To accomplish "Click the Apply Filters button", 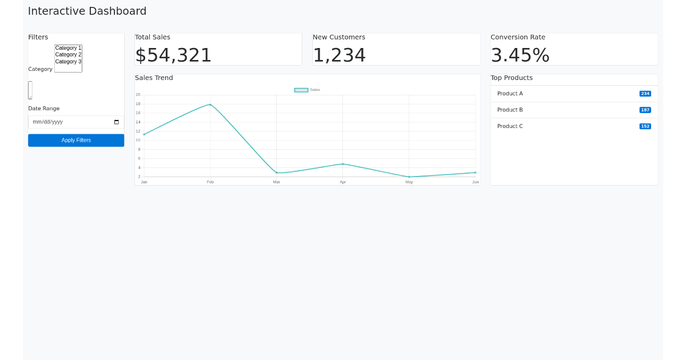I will (x=76, y=141).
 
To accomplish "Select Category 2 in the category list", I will (x=68, y=55).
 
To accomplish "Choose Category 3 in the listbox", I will (x=68, y=62).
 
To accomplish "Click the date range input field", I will (x=69, y=122).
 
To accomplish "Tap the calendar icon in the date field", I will (x=117, y=122).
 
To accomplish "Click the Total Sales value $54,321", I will (x=173, y=55).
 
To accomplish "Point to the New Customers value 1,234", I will (x=339, y=55).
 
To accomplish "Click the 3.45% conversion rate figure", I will (x=520, y=55).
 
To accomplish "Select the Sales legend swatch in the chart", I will (x=301, y=90).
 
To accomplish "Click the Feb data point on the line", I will (x=210, y=105).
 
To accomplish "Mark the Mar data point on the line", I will (x=277, y=173).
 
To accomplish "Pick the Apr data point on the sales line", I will (x=343, y=164).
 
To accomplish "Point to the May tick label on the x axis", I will (x=409, y=182).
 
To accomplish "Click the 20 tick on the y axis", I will (x=138, y=95).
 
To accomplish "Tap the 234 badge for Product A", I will (x=645, y=94).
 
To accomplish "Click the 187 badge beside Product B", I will (x=645, y=110).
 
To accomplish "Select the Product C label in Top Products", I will (x=510, y=126).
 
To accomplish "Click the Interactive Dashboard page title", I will (x=87, y=11).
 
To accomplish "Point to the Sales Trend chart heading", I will (x=154, y=78).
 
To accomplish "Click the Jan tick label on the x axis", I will (x=144, y=182).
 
